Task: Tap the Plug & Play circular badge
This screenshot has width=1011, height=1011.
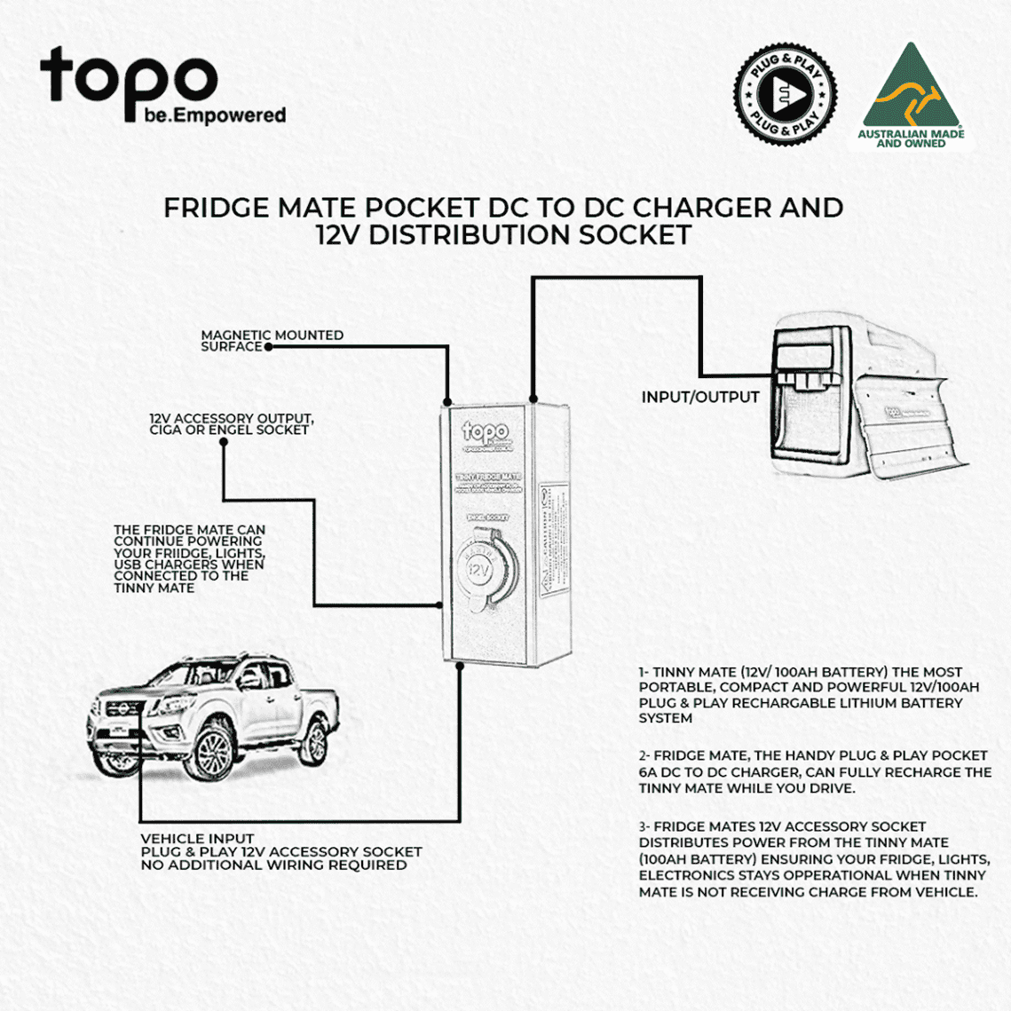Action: [x=785, y=93]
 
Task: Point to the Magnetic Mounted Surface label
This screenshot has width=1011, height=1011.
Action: [x=271, y=341]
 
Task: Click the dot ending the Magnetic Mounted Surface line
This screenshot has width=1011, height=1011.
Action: [x=268, y=347]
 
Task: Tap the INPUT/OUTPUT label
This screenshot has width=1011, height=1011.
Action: [x=700, y=398]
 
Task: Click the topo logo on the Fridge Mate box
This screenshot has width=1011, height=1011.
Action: [x=485, y=434]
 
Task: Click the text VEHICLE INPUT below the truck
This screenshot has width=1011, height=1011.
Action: [x=197, y=839]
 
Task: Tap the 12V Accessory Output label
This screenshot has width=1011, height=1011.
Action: [x=231, y=418]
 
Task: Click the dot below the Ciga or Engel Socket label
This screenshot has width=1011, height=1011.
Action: [x=224, y=442]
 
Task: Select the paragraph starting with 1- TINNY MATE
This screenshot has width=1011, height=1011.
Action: [x=810, y=695]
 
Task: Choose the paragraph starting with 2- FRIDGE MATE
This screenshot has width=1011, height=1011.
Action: [x=814, y=771]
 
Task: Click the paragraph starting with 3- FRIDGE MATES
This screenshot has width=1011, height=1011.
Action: [x=813, y=859]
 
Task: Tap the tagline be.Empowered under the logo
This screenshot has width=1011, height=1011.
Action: [x=215, y=115]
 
